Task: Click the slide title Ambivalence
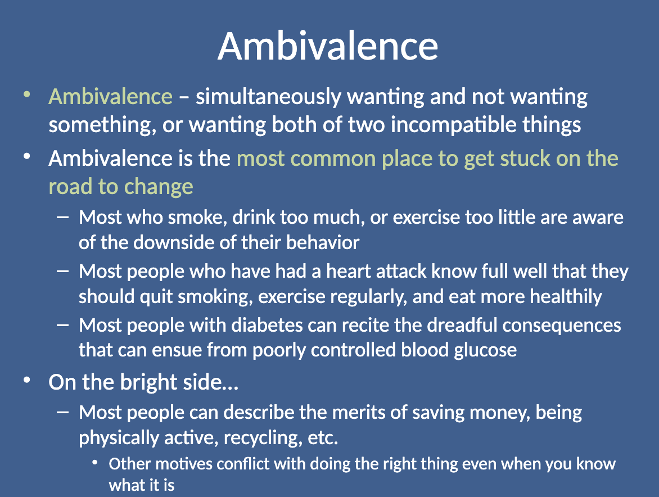coord(328,46)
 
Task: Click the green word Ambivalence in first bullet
coord(111,97)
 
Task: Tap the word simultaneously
coord(268,97)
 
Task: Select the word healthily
coord(566,297)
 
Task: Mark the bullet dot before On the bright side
coord(27,380)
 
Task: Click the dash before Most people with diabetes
coord(62,325)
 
